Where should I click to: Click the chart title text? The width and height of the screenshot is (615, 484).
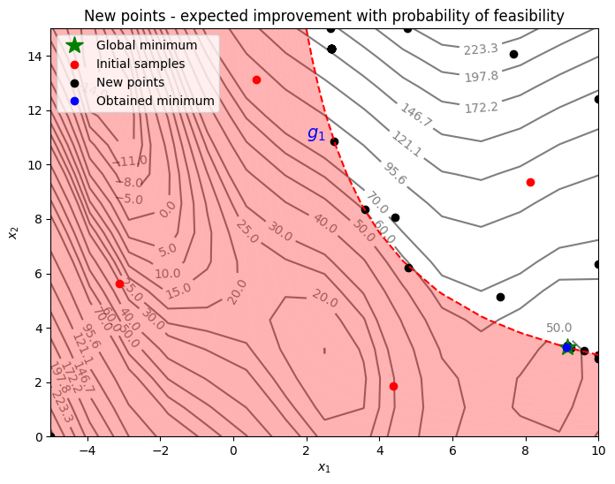324,15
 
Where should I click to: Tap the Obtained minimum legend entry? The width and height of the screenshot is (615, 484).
156,101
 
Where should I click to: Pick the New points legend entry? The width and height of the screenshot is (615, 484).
130,82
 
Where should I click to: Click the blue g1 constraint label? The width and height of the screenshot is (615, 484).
316,133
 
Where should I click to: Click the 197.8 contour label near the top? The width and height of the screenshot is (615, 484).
482,77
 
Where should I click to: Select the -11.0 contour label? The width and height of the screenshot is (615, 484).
133,161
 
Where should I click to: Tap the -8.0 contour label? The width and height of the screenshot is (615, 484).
133,182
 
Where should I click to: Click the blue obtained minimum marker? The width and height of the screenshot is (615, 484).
567,347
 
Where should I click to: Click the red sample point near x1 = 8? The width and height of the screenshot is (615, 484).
530,182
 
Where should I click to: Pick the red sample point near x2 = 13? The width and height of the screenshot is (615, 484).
256,79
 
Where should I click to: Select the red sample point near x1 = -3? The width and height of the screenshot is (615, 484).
119,284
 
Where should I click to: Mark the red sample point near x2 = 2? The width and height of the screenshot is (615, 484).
393,386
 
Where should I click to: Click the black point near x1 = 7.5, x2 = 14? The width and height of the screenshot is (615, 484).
513,54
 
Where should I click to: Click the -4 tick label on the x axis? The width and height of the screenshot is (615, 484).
87,450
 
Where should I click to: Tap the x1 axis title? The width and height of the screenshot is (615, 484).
324,467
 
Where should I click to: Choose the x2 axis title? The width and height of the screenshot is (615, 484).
12,232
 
